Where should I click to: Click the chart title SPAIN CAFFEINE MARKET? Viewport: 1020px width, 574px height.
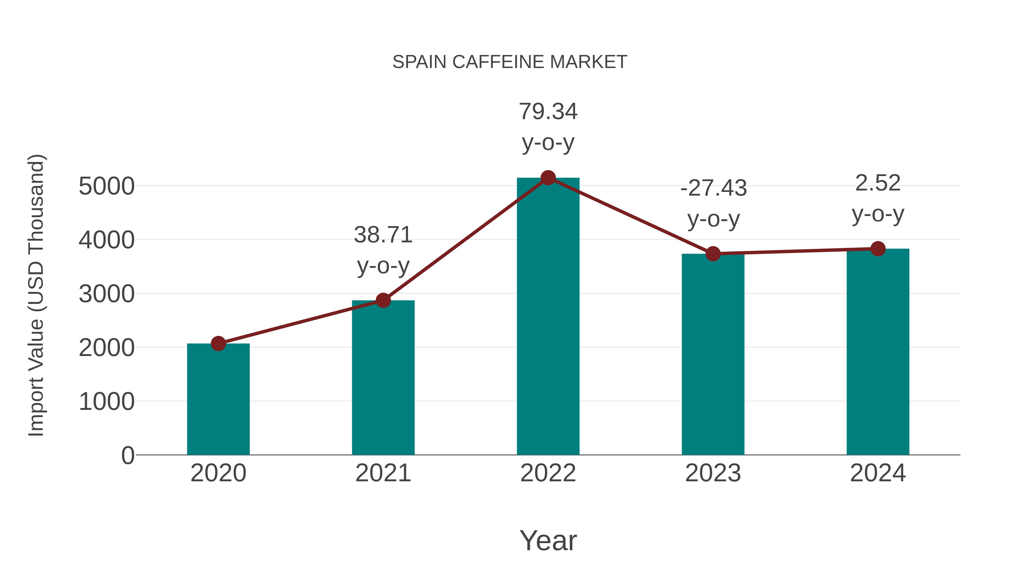pyautogui.click(x=510, y=62)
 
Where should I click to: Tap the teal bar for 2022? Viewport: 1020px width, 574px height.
pyautogui.click(x=548, y=317)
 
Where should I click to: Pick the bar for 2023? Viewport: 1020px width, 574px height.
pyautogui.click(x=713, y=355)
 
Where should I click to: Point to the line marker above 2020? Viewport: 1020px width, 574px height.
pyautogui.click(x=218, y=344)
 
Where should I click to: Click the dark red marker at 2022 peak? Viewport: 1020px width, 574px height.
pyautogui.click(x=548, y=178)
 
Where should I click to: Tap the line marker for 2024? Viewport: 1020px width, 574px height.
pyautogui.click(x=878, y=249)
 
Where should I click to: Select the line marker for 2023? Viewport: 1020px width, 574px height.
pyautogui.click(x=713, y=253)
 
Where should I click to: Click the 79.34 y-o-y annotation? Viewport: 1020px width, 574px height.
pyautogui.click(x=548, y=127)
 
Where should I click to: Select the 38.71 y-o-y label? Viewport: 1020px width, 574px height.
pyautogui.click(x=383, y=250)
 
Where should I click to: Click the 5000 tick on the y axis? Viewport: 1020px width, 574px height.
pyautogui.click(x=107, y=186)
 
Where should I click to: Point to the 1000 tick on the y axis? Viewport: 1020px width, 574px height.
pyautogui.click(x=107, y=402)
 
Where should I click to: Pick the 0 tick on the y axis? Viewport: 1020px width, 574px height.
pyautogui.click(x=127, y=456)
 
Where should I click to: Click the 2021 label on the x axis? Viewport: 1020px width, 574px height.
pyautogui.click(x=383, y=473)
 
